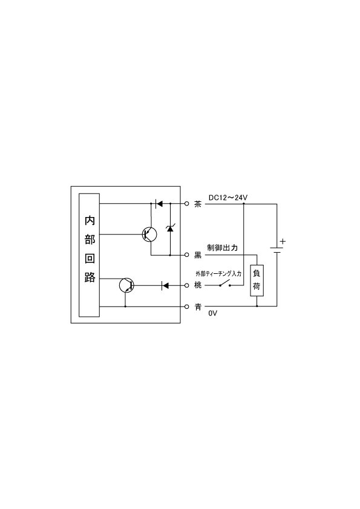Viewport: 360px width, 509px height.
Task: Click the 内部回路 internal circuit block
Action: point(89,255)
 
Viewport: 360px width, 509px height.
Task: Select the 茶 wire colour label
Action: point(197,204)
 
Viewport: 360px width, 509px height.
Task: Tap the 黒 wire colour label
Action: point(197,255)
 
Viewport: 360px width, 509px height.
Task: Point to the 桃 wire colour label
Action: point(197,285)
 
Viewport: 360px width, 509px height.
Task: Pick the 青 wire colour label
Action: point(197,306)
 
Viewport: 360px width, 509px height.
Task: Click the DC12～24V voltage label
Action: point(228,197)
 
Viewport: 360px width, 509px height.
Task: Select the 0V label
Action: point(213,313)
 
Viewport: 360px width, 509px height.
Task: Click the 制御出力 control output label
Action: point(223,248)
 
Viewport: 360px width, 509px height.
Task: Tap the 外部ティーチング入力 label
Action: point(218,274)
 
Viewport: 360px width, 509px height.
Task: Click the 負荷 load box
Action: point(257,280)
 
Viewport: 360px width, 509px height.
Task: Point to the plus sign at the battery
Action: point(283,241)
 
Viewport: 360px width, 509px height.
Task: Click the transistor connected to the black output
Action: point(149,234)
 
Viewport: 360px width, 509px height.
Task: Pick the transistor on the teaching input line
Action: point(126,285)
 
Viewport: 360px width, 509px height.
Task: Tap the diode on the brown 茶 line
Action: point(159,204)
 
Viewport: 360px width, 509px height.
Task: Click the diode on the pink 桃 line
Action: point(165,286)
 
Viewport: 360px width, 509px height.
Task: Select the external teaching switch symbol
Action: point(225,284)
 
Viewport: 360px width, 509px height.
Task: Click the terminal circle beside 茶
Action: point(186,204)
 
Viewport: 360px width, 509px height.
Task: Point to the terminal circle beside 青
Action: point(186,306)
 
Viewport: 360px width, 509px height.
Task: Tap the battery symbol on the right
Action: point(277,250)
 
